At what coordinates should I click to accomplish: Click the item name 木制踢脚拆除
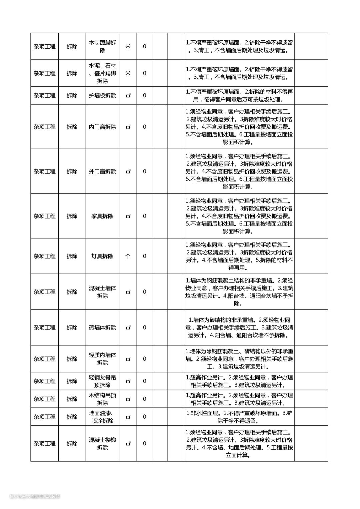pyautogui.click(x=102, y=46)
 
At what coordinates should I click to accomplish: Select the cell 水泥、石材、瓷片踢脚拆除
pyautogui.click(x=102, y=73)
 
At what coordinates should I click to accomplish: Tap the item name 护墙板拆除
pyautogui.click(x=102, y=96)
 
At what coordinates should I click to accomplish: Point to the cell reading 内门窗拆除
pyautogui.click(x=102, y=127)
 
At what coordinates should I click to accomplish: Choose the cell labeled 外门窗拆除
pyautogui.click(x=102, y=172)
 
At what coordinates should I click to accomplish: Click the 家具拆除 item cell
pyautogui.click(x=102, y=216)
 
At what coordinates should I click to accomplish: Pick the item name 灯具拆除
pyautogui.click(x=102, y=256)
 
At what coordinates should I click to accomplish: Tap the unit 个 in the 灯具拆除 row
pyautogui.click(x=128, y=256)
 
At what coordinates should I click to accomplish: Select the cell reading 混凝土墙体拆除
pyautogui.click(x=102, y=292)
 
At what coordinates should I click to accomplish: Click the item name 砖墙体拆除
pyautogui.click(x=102, y=328)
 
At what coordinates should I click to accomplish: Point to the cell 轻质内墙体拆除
pyautogui.click(x=102, y=359)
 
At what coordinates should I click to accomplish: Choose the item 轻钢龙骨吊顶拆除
pyautogui.click(x=102, y=381)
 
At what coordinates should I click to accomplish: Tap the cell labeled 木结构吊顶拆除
pyautogui.click(x=102, y=399)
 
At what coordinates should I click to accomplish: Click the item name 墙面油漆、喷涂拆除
pyautogui.click(x=102, y=417)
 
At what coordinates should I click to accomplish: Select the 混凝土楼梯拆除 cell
pyautogui.click(x=102, y=444)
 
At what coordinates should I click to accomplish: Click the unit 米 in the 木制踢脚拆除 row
pyautogui.click(x=128, y=46)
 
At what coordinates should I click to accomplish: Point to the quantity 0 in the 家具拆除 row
pyautogui.click(x=144, y=216)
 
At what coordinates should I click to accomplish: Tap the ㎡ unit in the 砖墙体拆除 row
pyautogui.click(x=128, y=328)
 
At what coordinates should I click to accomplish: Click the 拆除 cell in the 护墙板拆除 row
pyautogui.click(x=72, y=96)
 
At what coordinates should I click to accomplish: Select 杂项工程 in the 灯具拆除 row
pyautogui.click(x=45, y=256)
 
